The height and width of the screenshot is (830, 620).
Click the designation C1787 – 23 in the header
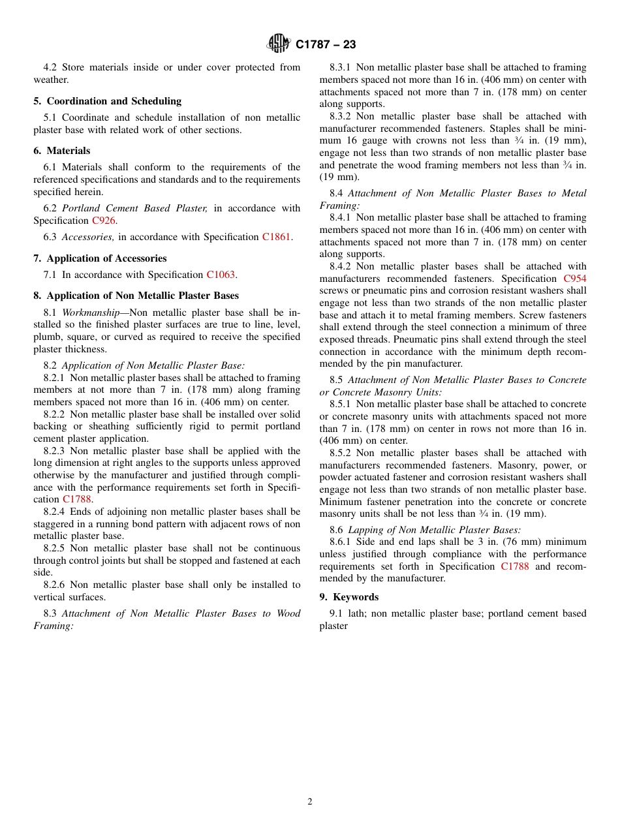click(325, 45)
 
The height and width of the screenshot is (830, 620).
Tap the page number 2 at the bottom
click(310, 802)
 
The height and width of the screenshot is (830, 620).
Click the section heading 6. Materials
click(62, 151)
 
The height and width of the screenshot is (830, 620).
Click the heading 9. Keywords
click(349, 597)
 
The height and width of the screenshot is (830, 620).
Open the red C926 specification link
click(103, 221)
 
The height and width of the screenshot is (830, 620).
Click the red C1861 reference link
click(277, 237)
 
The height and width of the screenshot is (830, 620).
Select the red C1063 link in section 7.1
click(221, 275)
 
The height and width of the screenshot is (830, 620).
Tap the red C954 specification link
click(574, 279)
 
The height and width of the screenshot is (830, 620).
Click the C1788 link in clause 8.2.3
click(76, 499)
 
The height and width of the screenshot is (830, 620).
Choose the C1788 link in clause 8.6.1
click(514, 566)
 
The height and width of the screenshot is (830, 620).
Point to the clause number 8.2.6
click(56, 585)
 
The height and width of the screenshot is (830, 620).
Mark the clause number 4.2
click(50, 67)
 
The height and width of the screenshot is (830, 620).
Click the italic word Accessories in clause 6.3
click(87, 237)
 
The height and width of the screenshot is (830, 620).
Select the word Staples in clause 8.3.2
click(526, 129)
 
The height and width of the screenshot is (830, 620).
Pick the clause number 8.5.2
click(342, 453)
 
